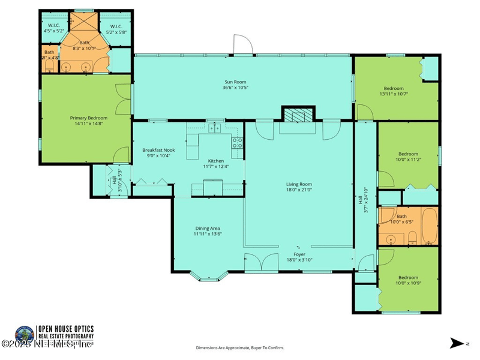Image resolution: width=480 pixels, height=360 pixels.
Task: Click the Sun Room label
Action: point(235,82)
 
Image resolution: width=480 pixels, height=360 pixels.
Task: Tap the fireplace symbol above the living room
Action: point(298,115)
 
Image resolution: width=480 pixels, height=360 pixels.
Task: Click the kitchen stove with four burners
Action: point(238,143)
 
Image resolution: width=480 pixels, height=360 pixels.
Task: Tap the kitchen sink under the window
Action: point(214,128)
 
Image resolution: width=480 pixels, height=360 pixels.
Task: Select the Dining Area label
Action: point(208,228)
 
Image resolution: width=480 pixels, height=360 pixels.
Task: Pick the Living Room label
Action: point(298,184)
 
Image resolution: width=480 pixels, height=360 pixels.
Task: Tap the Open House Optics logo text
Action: point(66,332)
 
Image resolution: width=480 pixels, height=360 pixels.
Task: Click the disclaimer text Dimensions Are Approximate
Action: point(239,348)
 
